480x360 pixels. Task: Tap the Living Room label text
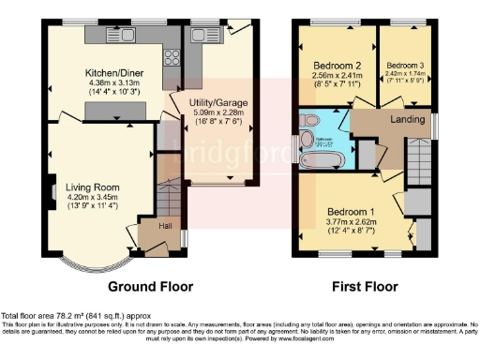(91, 187)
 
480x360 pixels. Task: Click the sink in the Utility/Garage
(201, 36)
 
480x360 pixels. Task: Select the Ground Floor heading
(151, 286)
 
